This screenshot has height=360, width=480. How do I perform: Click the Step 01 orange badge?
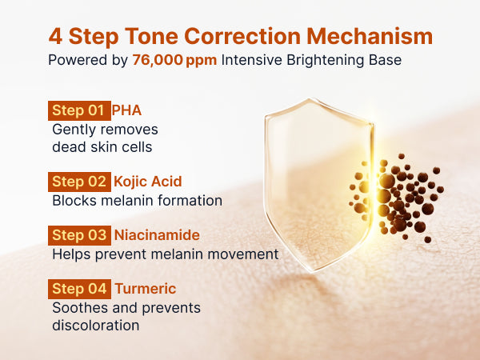pyautogui.click(x=79, y=110)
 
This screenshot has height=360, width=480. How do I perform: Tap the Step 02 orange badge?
pyautogui.click(x=79, y=182)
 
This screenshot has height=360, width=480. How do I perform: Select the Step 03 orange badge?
pyautogui.click(x=79, y=235)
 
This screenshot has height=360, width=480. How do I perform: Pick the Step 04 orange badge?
pyautogui.click(x=79, y=289)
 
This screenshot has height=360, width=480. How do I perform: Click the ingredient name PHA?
pyautogui.click(x=126, y=110)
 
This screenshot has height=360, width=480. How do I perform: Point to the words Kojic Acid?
pyautogui.click(x=147, y=182)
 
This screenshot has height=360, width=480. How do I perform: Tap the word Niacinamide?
pyautogui.click(x=157, y=235)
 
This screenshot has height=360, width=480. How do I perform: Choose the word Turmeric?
pyautogui.click(x=146, y=289)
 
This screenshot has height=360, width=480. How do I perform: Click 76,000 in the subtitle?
pyautogui.click(x=158, y=60)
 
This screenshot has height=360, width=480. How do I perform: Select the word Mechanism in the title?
pyautogui.click(x=370, y=37)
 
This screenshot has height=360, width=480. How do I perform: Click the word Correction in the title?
pyautogui.click(x=242, y=37)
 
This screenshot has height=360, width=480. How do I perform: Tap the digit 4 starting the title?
pyautogui.click(x=55, y=37)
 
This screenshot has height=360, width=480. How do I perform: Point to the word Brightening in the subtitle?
pyautogui.click(x=325, y=60)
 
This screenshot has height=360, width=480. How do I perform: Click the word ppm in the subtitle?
pyautogui.click(x=202, y=61)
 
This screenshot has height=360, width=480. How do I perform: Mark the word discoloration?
pyautogui.click(x=96, y=326)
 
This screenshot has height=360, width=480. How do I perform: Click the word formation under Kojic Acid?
pyautogui.click(x=190, y=201)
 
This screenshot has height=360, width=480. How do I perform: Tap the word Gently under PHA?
pyautogui.click(x=71, y=130)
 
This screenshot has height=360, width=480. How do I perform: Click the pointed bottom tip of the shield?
pyautogui.click(x=313, y=271)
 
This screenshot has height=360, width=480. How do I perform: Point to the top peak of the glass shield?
pyautogui.click(x=310, y=99)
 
